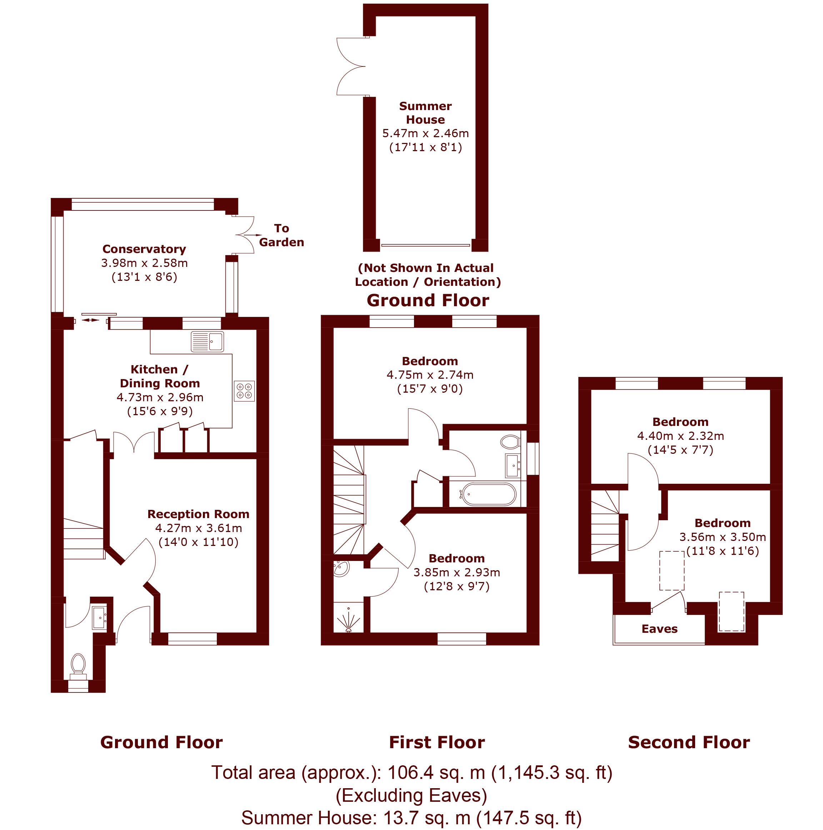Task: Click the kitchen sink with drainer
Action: coord(207,342)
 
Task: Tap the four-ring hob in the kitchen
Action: coord(244,391)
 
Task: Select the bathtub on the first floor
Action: coord(489,494)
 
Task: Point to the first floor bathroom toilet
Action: coord(510,442)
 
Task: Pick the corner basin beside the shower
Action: coord(341,568)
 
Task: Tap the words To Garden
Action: coord(281,235)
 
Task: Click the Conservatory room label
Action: coord(144,249)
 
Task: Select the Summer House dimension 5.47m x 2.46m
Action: coord(425,133)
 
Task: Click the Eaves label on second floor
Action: coord(659,629)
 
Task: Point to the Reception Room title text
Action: coord(198,514)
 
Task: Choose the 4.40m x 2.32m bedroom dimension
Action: coord(680,436)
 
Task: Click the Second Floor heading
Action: coord(689,742)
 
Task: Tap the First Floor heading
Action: coord(437,742)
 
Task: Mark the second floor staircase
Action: coord(605,526)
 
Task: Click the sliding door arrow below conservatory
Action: coord(90,320)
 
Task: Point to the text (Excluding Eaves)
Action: coord(411,795)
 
